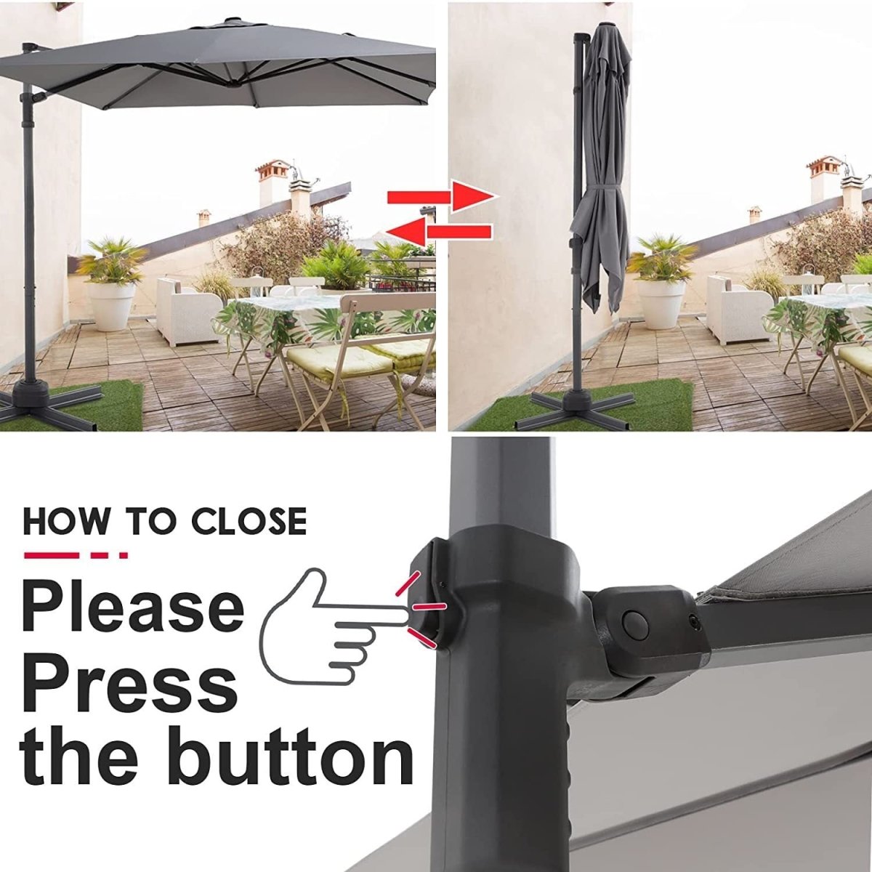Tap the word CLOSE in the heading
(x=249, y=521)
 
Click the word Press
(x=131, y=684)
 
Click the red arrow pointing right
(x=441, y=197)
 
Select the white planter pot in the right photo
(x=661, y=303)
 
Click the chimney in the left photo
(x=273, y=182)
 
